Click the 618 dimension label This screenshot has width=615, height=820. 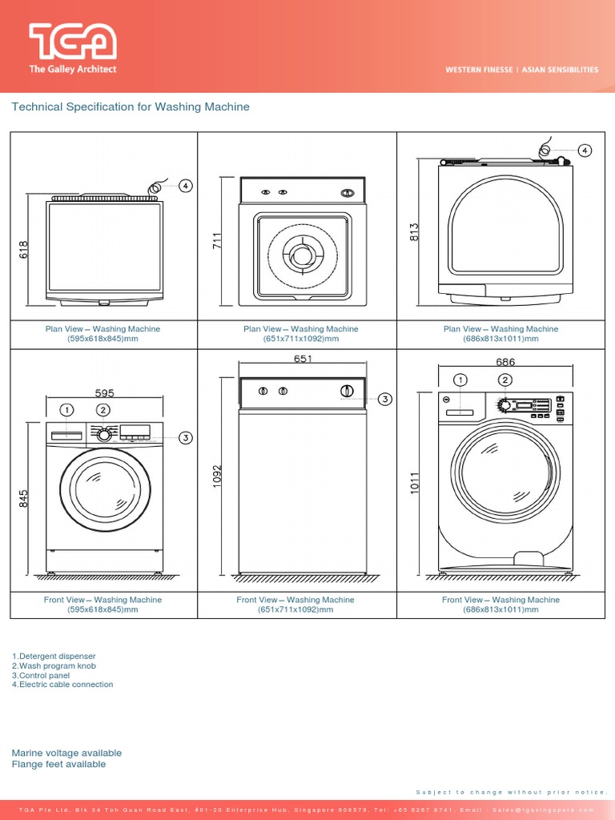pos(23,249)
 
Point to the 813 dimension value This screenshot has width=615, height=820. pos(414,232)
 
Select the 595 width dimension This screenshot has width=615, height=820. pos(105,393)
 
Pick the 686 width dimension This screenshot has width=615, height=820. pos(505,362)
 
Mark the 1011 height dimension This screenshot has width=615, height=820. pos(415,484)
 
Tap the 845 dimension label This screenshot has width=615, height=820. pos(23,498)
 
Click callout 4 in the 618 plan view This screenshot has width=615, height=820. pos(185,186)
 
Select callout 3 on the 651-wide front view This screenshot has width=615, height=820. pos(384,399)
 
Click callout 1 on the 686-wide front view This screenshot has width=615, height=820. pos(460,380)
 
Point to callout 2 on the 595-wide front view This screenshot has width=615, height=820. pos(103,410)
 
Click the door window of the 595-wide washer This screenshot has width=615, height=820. pos(105,488)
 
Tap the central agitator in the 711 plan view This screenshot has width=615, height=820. pos(302,256)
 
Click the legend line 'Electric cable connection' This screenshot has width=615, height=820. pos(62,685)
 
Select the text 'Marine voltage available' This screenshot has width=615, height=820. pos(66,753)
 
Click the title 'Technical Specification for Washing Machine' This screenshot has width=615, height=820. pos(130,107)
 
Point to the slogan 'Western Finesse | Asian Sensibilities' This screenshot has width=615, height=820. pos(521,70)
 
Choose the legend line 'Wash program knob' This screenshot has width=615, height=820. pos(54,665)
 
